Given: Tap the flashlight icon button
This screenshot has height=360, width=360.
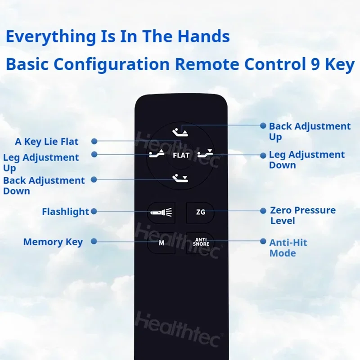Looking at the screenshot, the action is click(161, 212).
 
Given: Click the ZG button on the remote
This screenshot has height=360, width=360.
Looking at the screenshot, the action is click(200, 212).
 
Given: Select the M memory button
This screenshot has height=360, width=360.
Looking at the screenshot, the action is click(161, 243).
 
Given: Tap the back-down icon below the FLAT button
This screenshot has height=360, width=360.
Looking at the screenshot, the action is click(180, 178).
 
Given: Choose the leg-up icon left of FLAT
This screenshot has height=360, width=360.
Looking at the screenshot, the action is click(157, 153).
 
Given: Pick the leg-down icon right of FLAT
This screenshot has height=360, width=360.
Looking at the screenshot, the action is click(205, 153).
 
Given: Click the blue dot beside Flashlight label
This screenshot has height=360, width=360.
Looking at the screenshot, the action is click(94, 211).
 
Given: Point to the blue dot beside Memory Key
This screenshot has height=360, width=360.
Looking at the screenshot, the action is click(94, 241).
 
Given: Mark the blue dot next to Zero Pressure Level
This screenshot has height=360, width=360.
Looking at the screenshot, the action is click(263, 211).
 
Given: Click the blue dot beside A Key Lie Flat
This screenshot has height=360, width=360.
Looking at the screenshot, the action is click(94, 141).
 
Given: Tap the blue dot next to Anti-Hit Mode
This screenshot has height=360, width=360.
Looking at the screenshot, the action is click(263, 241).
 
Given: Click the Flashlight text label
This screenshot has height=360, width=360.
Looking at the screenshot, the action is click(65, 212).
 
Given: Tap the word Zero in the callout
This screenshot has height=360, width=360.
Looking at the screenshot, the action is click(280, 210).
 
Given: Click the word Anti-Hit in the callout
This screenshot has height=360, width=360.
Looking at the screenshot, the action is click(288, 243).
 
